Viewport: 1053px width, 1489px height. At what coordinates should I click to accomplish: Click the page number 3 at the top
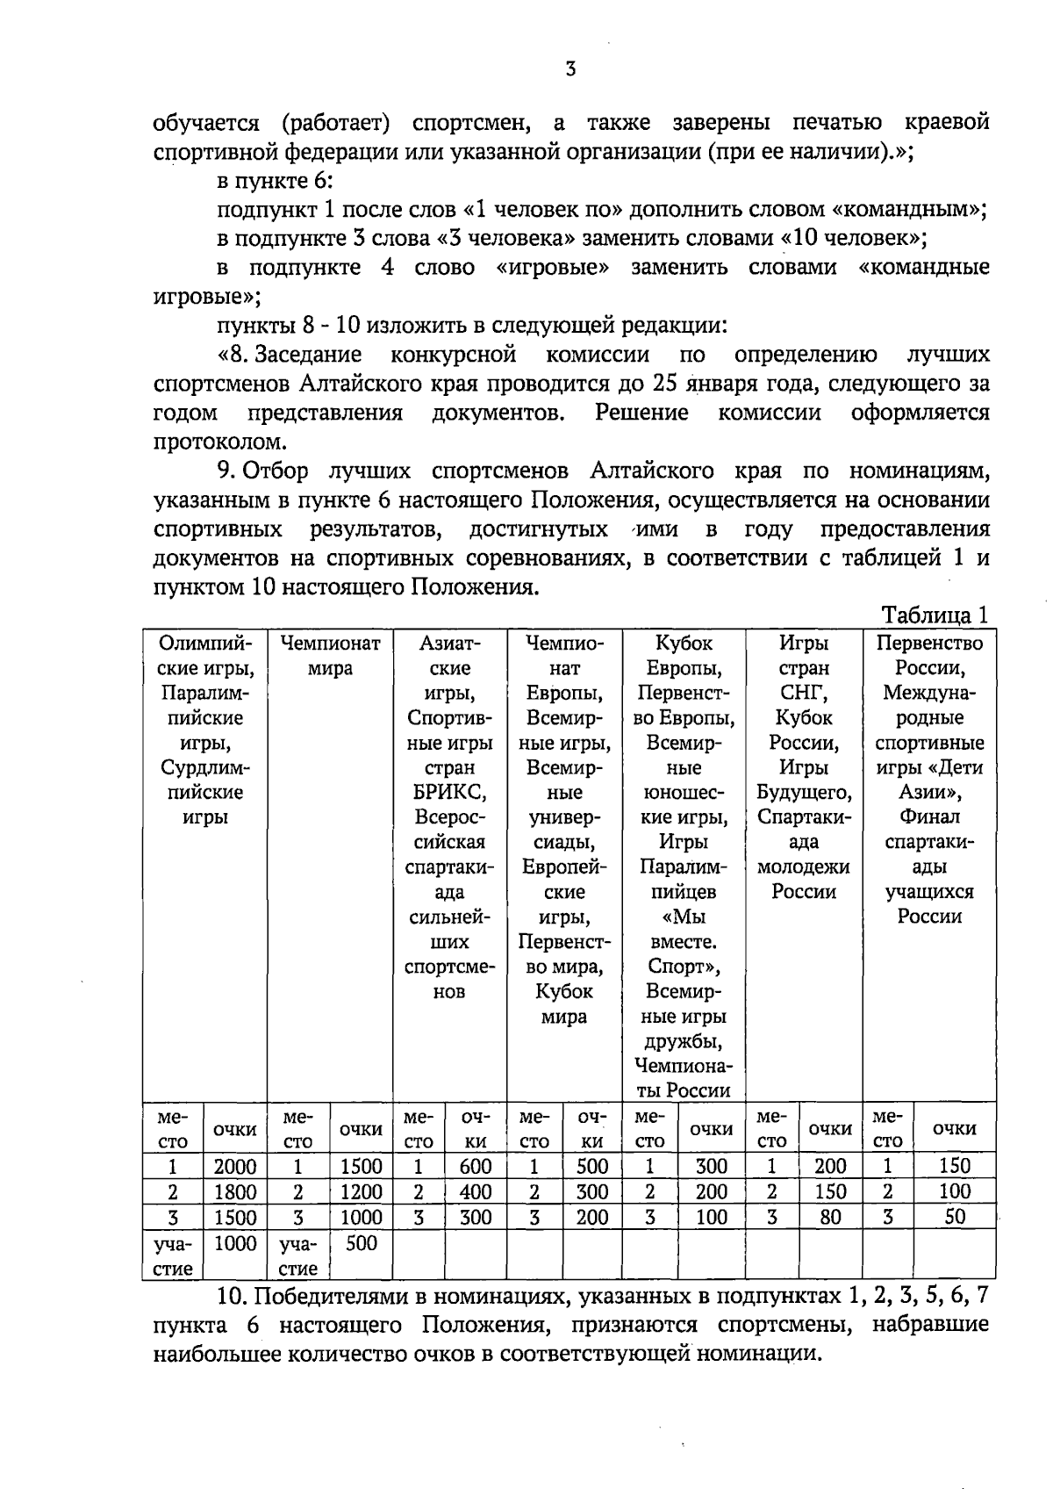click(570, 69)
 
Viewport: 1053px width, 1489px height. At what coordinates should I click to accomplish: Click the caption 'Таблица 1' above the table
click(935, 615)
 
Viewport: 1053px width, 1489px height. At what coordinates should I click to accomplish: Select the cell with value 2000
click(235, 1166)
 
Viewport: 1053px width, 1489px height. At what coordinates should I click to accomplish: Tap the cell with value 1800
click(235, 1191)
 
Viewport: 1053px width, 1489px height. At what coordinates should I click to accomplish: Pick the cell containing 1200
click(362, 1191)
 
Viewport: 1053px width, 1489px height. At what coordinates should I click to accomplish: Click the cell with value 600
click(476, 1166)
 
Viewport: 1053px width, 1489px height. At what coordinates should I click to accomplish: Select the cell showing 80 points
click(830, 1217)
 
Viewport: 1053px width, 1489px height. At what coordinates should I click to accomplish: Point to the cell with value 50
click(955, 1217)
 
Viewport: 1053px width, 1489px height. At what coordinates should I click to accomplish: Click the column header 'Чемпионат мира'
click(330, 656)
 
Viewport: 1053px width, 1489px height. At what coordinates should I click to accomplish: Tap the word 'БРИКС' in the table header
click(449, 792)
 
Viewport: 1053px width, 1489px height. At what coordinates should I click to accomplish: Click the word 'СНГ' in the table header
click(804, 693)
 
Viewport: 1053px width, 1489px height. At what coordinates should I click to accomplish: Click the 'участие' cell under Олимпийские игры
click(174, 1255)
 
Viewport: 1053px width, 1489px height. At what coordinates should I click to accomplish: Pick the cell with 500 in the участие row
click(362, 1243)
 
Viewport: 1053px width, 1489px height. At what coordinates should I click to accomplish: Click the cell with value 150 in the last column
click(955, 1166)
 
